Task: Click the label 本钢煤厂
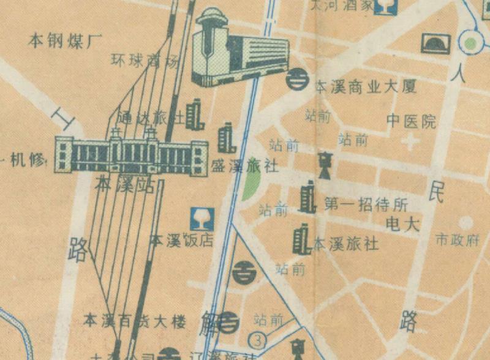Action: point(64,42)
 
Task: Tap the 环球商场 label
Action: point(145,61)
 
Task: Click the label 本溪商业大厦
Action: point(366,87)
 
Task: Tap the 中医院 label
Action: point(411,121)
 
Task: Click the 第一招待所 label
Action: point(366,204)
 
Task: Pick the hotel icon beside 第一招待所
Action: point(307,198)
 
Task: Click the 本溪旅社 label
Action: point(346,244)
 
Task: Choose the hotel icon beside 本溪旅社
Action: point(301,238)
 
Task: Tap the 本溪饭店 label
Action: point(182,239)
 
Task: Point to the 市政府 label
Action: point(456,239)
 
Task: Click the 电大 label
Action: point(402,224)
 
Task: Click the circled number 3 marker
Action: point(259,339)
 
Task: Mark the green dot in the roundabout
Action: point(470,43)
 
